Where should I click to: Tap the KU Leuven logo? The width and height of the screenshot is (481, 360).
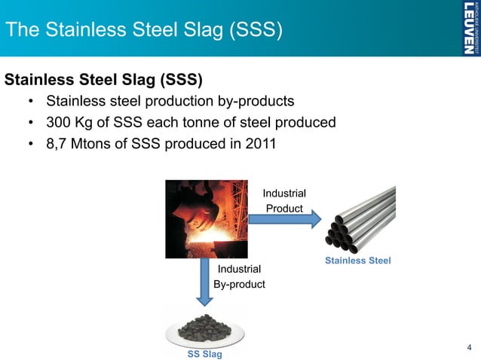468,29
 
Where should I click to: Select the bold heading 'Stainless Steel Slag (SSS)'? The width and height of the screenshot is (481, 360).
105,79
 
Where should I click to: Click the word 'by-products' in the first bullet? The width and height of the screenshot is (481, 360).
254,101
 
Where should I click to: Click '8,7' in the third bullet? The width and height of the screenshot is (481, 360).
57,143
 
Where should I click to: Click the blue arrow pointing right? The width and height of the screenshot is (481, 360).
280,219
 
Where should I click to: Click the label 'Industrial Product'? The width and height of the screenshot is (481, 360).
283,201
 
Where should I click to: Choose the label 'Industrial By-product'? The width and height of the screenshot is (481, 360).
239,276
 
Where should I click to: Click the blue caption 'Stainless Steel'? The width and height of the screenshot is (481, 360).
357,261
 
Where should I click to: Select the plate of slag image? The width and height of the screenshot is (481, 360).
204,328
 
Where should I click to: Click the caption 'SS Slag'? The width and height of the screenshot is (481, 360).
204,354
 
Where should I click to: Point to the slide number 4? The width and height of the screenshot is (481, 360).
469,347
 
